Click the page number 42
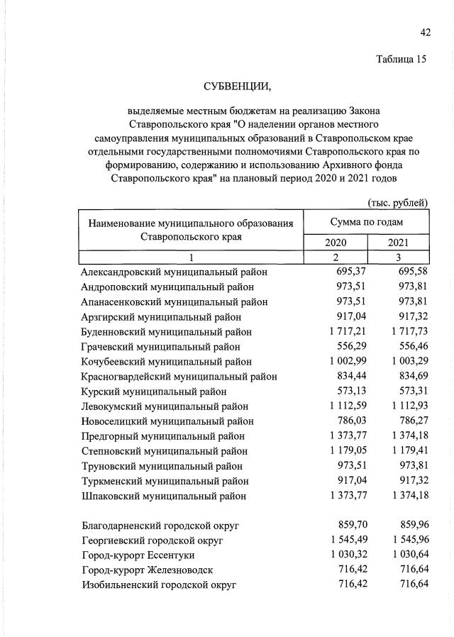pyautogui.click(x=425, y=31)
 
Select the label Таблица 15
pyautogui.click(x=402, y=60)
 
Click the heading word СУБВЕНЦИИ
pyautogui.click(x=237, y=87)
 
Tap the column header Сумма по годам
pyautogui.click(x=366, y=222)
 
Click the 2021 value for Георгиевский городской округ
pyautogui.click(x=402, y=540)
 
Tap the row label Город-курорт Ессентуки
pyautogui.click(x=138, y=555)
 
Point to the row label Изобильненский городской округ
pyautogui.click(x=159, y=585)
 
